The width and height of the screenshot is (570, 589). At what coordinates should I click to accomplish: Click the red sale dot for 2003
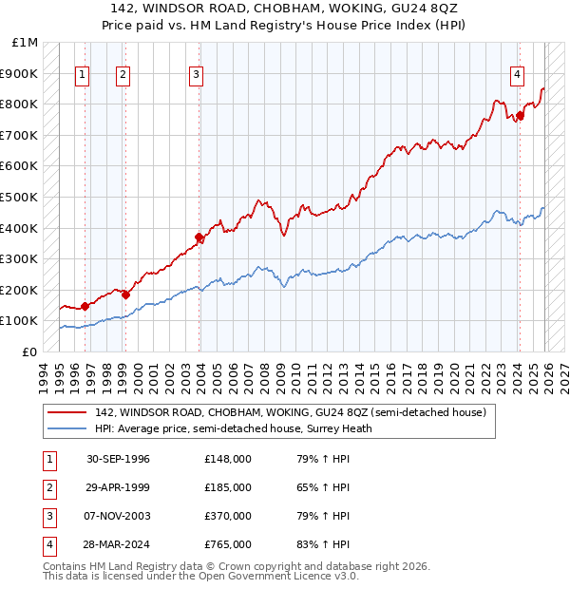(x=199, y=237)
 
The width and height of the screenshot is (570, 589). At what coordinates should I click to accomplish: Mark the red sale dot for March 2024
(x=520, y=116)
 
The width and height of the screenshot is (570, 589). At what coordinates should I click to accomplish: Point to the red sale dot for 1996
(x=85, y=306)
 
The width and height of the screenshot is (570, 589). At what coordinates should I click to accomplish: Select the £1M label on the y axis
(x=26, y=43)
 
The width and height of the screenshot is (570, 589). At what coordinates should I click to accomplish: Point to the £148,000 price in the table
(x=228, y=459)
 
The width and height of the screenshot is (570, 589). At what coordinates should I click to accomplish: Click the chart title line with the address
(x=284, y=8)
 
